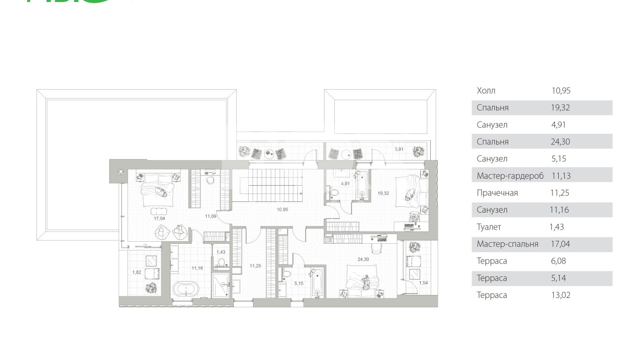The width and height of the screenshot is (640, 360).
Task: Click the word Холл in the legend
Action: tap(486, 91)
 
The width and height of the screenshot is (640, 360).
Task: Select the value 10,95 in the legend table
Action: tap(561, 91)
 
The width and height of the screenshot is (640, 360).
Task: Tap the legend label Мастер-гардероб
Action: tap(510, 176)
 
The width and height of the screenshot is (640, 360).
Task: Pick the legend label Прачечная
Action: tap(497, 193)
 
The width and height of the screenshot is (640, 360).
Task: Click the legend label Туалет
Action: tap(489, 227)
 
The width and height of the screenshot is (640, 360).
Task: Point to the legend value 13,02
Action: tap(561, 295)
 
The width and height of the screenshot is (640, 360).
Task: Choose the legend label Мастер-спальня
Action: tap(508, 244)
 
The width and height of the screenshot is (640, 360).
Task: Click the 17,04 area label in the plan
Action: tap(160, 218)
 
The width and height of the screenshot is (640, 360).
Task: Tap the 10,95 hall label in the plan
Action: tap(282, 209)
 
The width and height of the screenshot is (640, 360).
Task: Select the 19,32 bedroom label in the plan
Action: tap(383, 193)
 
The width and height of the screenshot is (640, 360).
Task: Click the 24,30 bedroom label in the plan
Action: tap(363, 260)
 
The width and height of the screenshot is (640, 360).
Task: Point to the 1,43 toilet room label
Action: tap(221, 252)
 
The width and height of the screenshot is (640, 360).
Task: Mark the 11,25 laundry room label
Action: tap(256, 266)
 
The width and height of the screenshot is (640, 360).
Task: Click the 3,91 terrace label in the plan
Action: tap(399, 149)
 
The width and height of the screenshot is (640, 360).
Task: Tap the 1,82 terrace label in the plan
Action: tap(136, 272)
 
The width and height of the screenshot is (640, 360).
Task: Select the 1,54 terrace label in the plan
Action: tap(423, 283)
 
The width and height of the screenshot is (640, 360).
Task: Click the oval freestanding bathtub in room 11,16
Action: tap(186, 289)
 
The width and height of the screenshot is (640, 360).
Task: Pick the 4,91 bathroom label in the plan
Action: tap(345, 183)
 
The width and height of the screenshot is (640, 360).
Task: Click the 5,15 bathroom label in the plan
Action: tap(299, 284)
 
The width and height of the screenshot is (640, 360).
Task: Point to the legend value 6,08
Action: tap(559, 261)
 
